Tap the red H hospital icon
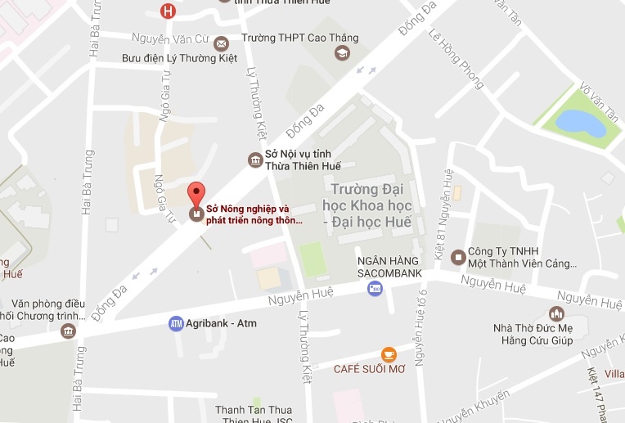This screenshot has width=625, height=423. (x=169, y=11)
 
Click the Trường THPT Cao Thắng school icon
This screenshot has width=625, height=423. (x=341, y=53)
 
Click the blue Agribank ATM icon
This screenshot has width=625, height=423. (x=176, y=323)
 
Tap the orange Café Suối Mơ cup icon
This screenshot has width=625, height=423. (x=389, y=354)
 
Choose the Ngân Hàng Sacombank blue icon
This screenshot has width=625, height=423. (x=375, y=288)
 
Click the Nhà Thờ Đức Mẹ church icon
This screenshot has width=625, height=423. (x=557, y=313)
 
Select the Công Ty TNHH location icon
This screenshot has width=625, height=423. (x=456, y=254)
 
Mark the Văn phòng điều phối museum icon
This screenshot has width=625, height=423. (x=68, y=331)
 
